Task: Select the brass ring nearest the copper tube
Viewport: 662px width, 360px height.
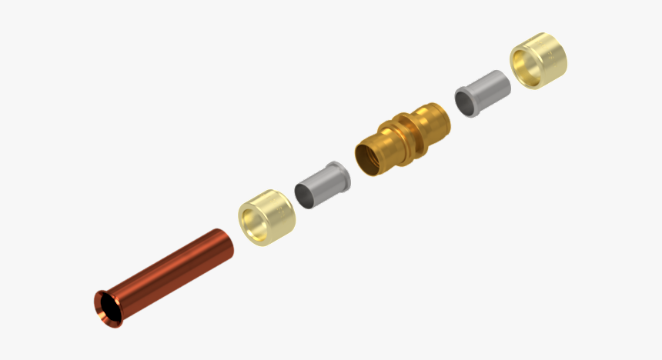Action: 266,218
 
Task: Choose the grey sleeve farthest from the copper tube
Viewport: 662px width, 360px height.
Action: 482,92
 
